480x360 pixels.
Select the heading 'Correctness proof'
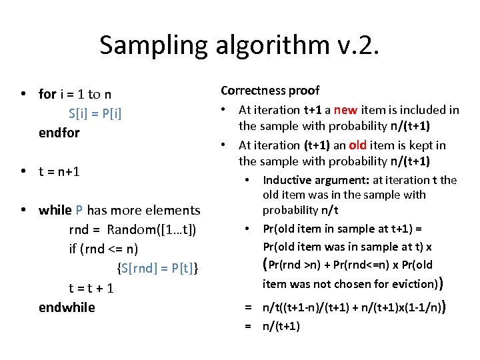pyautogui.click(x=270, y=90)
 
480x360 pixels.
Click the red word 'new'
pyautogui.click(x=346, y=109)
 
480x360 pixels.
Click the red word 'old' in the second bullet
pyautogui.click(x=363, y=145)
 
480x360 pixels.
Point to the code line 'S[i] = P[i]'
pyautogui.click(x=95, y=113)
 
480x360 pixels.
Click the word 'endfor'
pyautogui.click(x=59, y=132)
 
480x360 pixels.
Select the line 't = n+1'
pyautogui.click(x=59, y=171)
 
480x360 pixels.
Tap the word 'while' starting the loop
pyautogui.click(x=55, y=210)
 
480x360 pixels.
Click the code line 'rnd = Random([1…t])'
pyautogui.click(x=133, y=229)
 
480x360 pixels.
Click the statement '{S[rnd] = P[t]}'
pyautogui.click(x=158, y=268)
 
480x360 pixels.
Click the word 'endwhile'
pyautogui.click(x=67, y=307)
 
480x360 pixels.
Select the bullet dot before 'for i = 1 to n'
pyautogui.click(x=23, y=94)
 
